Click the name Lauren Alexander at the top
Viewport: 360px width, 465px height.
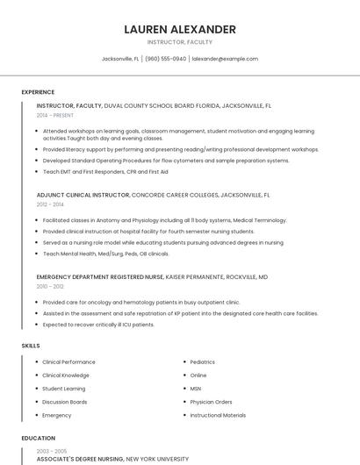(180, 29)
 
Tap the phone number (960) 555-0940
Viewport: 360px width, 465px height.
(166, 59)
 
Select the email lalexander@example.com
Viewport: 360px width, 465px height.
(225, 59)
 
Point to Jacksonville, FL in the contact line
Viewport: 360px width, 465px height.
(120, 59)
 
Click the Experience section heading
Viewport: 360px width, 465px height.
(38, 92)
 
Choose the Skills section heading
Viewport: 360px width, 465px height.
(31, 346)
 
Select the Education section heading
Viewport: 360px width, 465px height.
(38, 438)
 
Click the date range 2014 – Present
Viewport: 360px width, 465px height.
(55, 115)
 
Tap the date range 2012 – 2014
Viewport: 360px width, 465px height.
(50, 204)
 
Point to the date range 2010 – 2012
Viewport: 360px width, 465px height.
(50, 286)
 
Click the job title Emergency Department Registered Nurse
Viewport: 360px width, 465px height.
(100, 277)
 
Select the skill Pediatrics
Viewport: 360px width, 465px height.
(202, 361)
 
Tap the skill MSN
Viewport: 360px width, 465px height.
(195, 388)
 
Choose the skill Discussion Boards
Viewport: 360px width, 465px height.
(64, 402)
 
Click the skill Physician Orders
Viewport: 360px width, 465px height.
(211, 402)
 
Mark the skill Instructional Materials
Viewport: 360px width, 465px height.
(218, 415)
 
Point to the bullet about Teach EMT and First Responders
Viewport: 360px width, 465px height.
(105, 172)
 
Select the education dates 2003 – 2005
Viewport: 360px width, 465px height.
(50, 450)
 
